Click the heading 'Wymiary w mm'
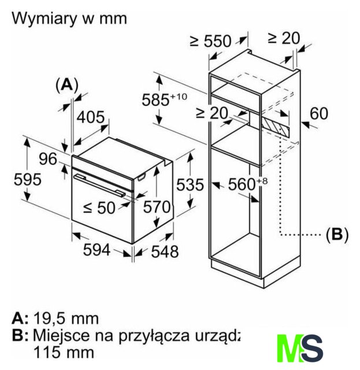[69, 18]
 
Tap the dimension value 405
[91, 117]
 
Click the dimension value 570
[157, 207]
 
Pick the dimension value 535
[190, 185]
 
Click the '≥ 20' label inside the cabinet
[211, 113]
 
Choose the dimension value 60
[318, 113]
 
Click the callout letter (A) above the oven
[66, 84]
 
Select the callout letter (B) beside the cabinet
[337, 235]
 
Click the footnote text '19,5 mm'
[66, 318]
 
